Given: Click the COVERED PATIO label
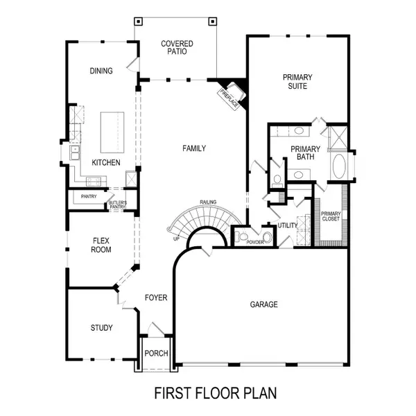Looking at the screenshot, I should coord(177,49).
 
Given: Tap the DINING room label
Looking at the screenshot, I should coord(102,71).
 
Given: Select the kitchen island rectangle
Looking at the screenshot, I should coord(111,132).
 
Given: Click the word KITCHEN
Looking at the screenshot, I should coord(106,163).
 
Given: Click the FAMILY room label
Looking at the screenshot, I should coord(194,148).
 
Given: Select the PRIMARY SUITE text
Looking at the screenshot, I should coord(297,82).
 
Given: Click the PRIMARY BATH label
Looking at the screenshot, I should coord(305,153).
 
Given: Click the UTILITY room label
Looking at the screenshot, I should coord(287,225).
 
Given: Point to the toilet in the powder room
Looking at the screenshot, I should coord(242,237).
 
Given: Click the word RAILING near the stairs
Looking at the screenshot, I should coord(208,202).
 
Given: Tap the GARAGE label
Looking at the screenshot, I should coord(264,304).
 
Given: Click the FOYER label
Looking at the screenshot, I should coord(156,298).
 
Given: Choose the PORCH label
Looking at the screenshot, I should coord(156,354).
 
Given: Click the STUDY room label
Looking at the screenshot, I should coord(102,328).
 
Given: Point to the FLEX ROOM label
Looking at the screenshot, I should coord(102,246).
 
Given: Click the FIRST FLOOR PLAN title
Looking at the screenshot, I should coord(215,393).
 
